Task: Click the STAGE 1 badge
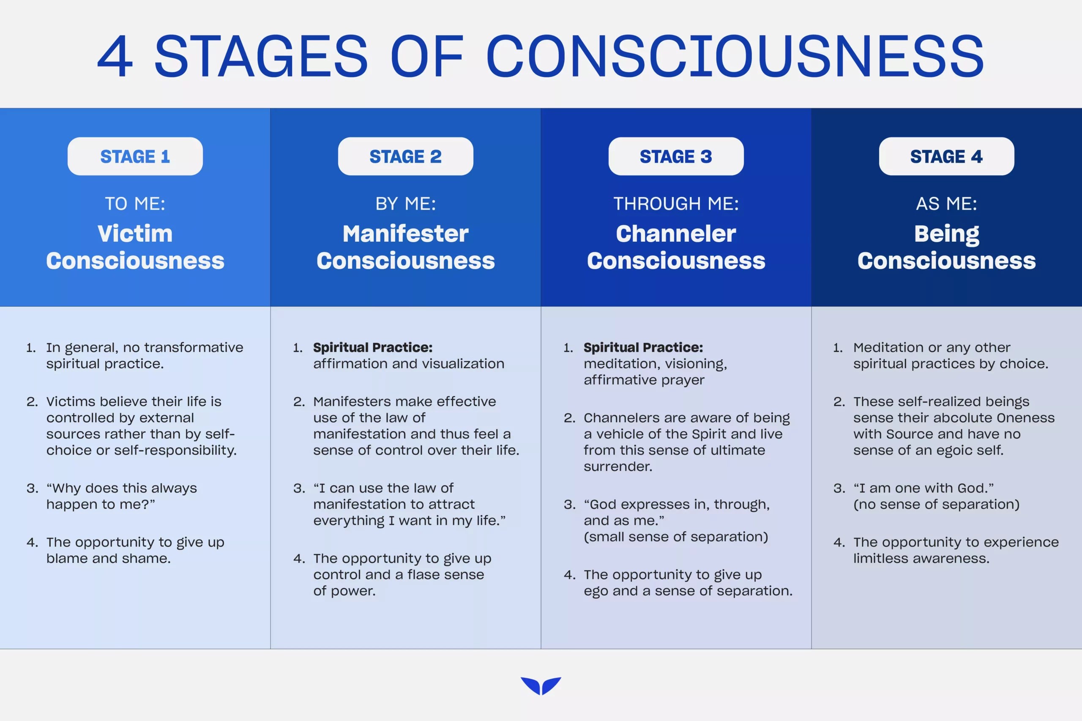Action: tap(135, 156)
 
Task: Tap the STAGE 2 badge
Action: tap(405, 156)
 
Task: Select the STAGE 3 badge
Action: tap(675, 156)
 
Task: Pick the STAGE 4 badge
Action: tap(946, 156)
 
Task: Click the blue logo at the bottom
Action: tap(541, 685)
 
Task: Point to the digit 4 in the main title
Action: tap(115, 57)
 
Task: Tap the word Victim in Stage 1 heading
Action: tap(135, 234)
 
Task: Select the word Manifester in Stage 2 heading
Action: tap(405, 234)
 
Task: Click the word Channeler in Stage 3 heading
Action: tap(675, 234)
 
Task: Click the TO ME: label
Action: tap(135, 204)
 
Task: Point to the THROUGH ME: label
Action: tap(675, 204)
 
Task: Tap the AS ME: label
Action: tap(946, 204)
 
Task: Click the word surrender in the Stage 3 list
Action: tap(617, 467)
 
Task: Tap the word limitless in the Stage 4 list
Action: tap(880, 559)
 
